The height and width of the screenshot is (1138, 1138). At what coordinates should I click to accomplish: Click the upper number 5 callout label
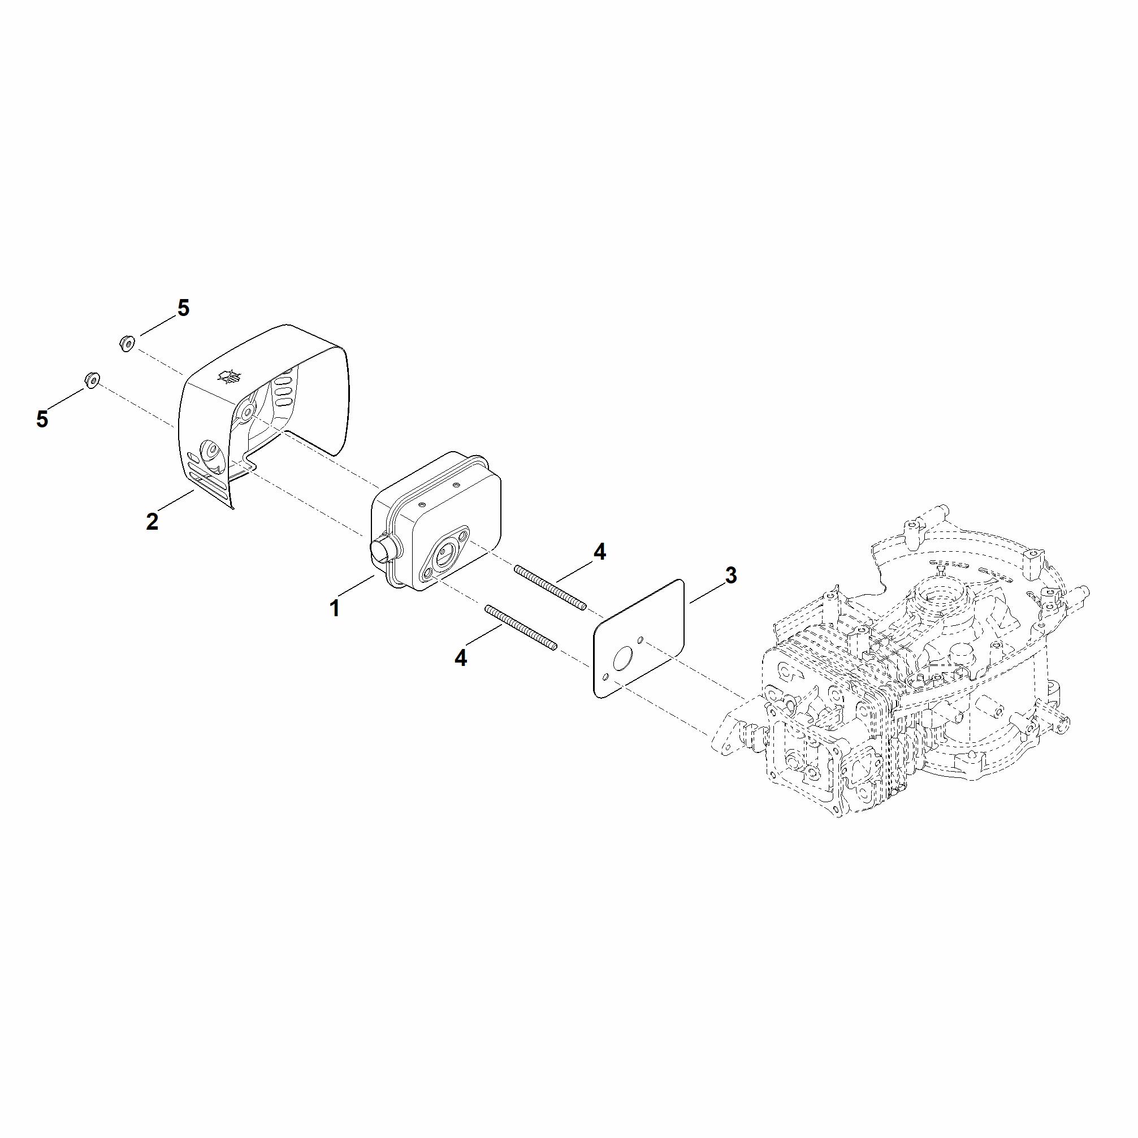coord(184,308)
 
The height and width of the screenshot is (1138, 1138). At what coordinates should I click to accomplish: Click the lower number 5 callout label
coord(42,419)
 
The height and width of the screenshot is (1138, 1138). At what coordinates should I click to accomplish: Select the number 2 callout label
coord(152,521)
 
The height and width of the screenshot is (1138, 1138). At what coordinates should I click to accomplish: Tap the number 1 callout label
coord(335,608)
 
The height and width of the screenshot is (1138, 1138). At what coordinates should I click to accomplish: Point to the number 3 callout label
coord(730,576)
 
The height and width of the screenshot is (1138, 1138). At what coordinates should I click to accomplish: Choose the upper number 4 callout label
coord(599,552)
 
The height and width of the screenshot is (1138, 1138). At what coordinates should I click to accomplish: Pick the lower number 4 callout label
coord(461,658)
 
